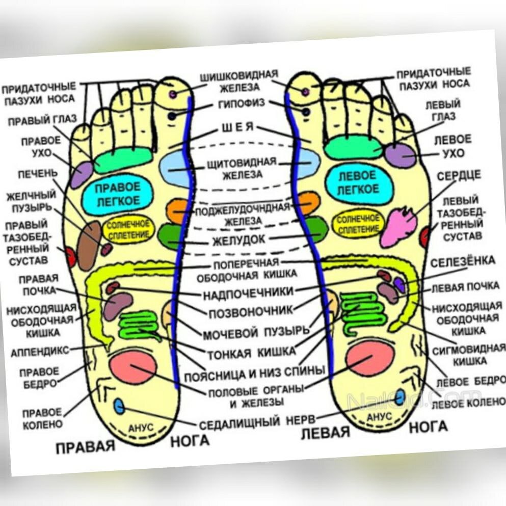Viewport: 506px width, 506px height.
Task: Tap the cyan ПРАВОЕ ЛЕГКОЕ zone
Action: coord(117,194)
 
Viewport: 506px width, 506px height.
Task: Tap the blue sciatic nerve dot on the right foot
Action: coord(119,406)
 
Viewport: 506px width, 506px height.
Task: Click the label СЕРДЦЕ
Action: coord(459,176)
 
